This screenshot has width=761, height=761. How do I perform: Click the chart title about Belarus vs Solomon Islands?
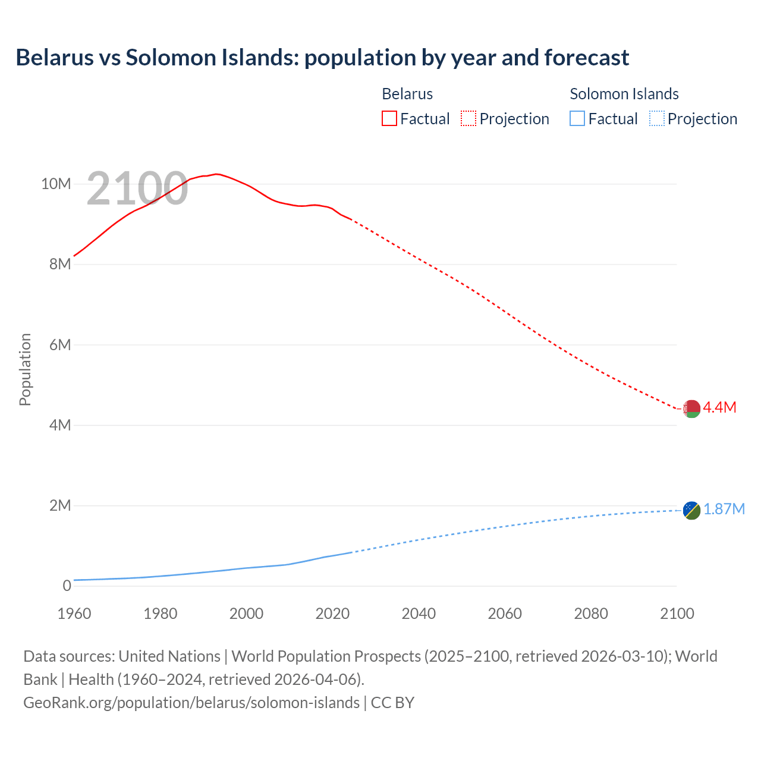pos(322,58)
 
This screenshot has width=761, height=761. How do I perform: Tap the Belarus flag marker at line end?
pos(691,408)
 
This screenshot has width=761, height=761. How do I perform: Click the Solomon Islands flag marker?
pos(691,510)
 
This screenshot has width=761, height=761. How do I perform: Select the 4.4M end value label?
pos(719,407)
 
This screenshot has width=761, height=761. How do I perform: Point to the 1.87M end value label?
pos(724,510)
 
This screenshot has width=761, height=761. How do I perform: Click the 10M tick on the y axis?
pos(56,184)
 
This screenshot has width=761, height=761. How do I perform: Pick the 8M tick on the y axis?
pos(59,264)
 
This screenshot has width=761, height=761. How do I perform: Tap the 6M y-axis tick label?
pos(59,345)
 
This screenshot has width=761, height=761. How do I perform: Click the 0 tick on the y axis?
pos(67,586)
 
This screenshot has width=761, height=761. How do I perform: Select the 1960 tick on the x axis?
pos(74,614)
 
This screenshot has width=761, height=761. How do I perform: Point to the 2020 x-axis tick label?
pos(332,614)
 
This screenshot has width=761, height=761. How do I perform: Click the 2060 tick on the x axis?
pos(505,614)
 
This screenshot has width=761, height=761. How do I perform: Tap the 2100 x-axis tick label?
pos(677,614)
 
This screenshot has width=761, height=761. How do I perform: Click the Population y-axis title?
pos(25,369)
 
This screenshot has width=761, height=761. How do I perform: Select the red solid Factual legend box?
pos(389,119)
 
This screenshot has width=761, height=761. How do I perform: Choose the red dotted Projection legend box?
pos(468,119)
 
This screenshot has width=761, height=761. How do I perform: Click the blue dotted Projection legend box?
pos(657,119)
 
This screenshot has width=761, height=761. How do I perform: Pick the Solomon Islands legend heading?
pos(624,94)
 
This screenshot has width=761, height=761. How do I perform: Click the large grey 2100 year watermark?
pos(137,188)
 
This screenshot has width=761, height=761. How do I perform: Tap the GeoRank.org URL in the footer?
pos(191,703)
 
